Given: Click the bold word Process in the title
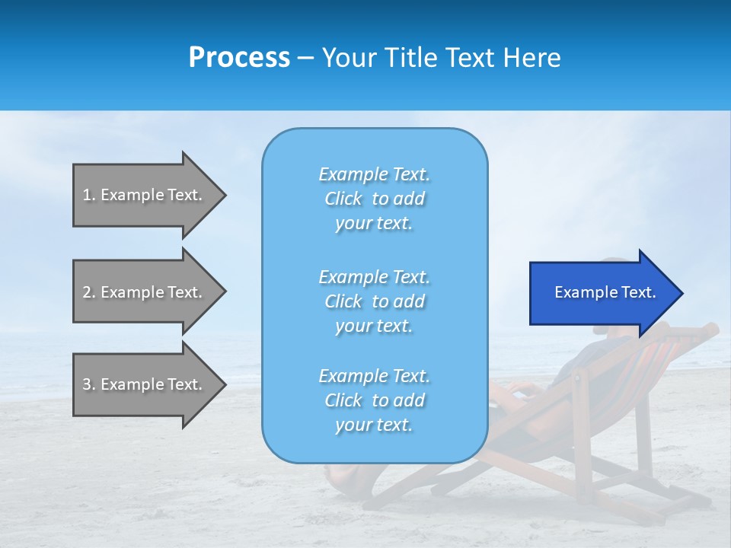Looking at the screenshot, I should pos(239,58).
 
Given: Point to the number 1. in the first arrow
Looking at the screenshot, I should pos(89,195).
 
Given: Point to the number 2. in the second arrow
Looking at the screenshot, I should pos(89,292).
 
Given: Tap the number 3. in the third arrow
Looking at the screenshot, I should pos(89,384).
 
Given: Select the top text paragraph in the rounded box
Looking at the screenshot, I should pos(374,199).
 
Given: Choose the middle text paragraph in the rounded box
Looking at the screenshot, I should pos(374,301).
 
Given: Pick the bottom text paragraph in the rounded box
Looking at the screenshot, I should pos(374,400).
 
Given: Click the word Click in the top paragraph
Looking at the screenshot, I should pos(343,199).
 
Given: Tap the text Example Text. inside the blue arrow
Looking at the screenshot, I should pos(605,292).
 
